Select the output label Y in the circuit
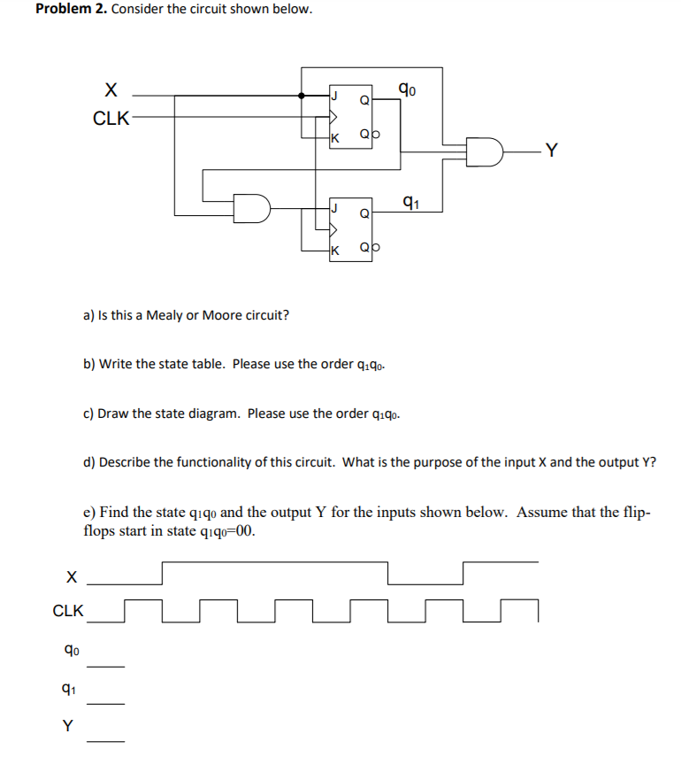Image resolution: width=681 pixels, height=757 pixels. [552, 151]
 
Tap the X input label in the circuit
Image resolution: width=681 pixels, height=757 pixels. [111, 89]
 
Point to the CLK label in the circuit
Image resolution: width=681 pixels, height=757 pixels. [111, 119]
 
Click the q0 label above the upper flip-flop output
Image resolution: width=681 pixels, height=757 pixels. [407, 88]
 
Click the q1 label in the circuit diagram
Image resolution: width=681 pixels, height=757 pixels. [409, 201]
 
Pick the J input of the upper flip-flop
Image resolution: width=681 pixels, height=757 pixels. [334, 96]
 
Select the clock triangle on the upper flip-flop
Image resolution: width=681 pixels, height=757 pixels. [333, 115]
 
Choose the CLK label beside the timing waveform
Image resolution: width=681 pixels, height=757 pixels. [69, 611]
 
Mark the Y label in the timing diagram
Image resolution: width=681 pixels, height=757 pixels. [67, 726]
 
